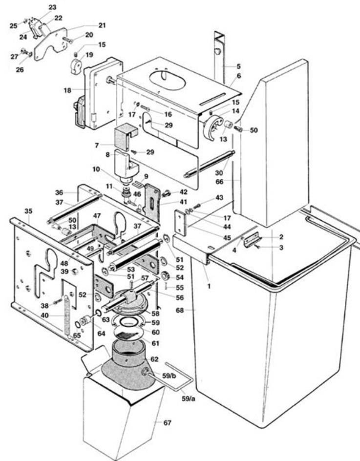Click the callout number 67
coord(167,423)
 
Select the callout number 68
coord(180,310)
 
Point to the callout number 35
coord(28,211)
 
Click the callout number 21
coord(102,25)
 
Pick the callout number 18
coord(67,90)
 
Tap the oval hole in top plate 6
coord(168,80)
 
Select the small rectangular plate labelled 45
coord(181,223)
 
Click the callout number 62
coord(154,359)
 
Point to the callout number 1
coord(209,286)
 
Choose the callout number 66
coord(219,182)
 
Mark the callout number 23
coord(52,7)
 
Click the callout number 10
coord(96,169)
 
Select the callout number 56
coord(180,297)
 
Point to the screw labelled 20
coord(67,40)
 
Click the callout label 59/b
coord(169,376)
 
